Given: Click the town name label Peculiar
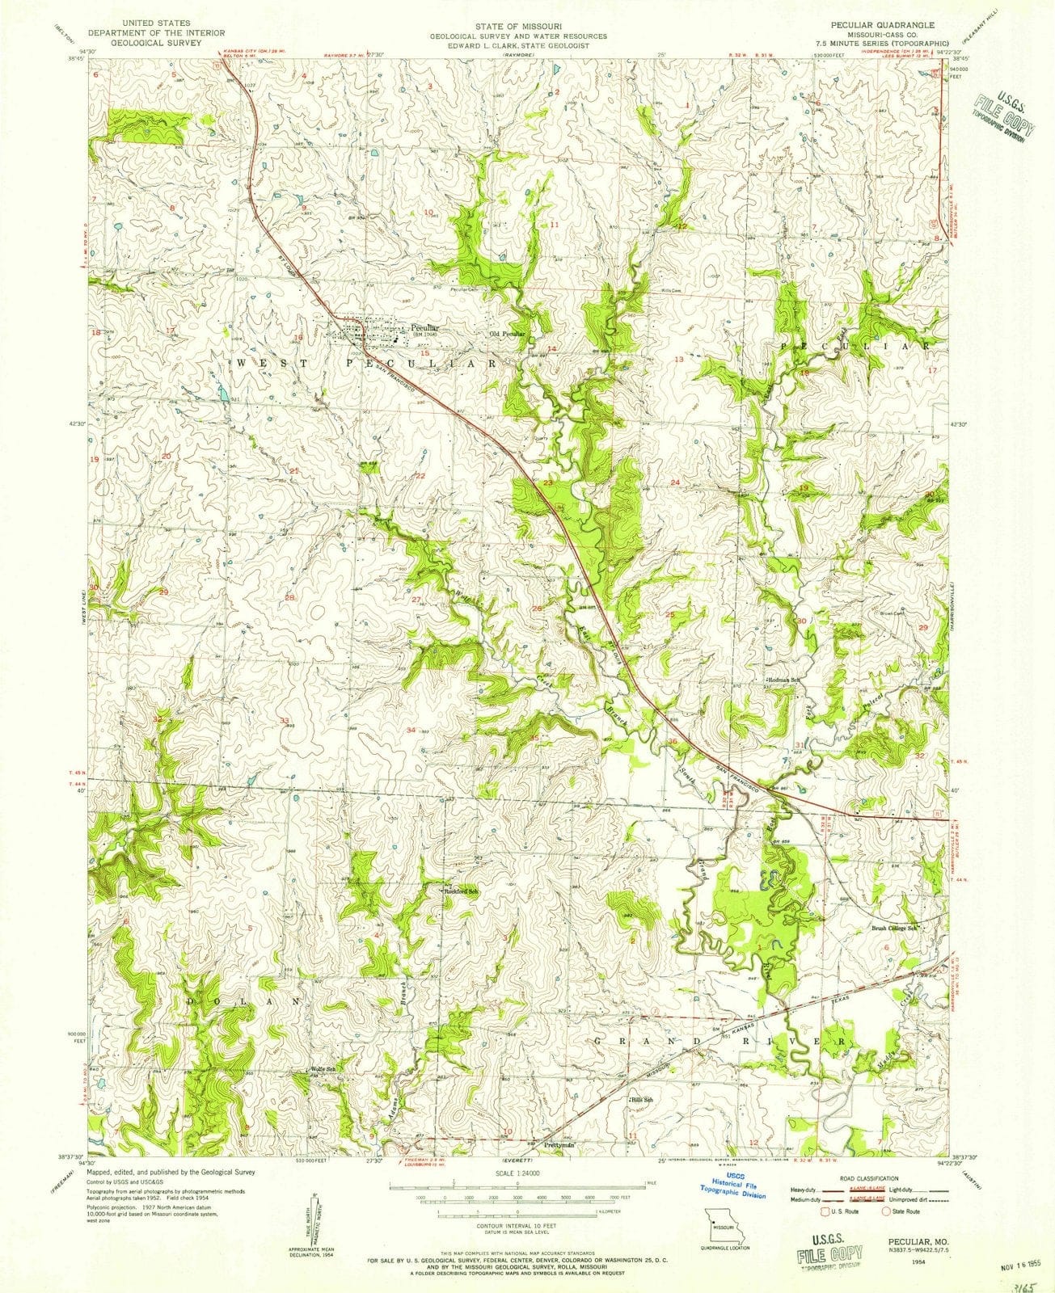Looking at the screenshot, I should point(424,327).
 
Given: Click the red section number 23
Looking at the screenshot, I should point(547,482).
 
